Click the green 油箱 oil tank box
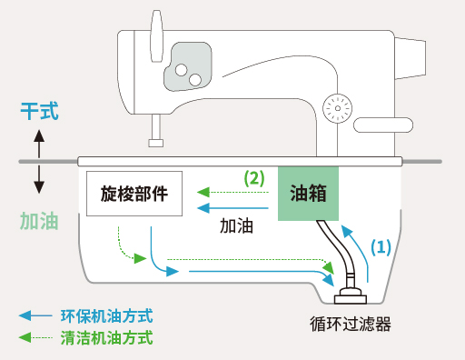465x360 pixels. (x=308, y=194)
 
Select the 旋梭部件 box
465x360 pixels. (x=134, y=194)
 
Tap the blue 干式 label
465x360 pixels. (x=39, y=111)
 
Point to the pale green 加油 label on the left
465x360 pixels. (x=39, y=221)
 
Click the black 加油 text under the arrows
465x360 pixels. (x=236, y=225)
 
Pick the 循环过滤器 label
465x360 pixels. (x=351, y=324)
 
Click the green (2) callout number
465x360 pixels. (x=254, y=178)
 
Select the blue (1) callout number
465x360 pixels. (x=381, y=247)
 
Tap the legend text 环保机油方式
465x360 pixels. (x=107, y=316)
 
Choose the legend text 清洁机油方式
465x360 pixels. (x=107, y=337)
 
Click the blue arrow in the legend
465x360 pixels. (x=35, y=315)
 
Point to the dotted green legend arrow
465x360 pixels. (x=35, y=337)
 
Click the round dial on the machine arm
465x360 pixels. (x=338, y=108)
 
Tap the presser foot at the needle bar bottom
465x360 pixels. (x=156, y=143)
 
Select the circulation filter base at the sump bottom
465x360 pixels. (x=351, y=297)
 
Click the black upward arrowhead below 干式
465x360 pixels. (x=39, y=135)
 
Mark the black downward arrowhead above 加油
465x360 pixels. (x=39, y=187)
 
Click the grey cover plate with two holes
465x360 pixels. (x=188, y=66)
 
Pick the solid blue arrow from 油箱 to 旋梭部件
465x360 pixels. (x=232, y=208)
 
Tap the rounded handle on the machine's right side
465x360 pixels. (x=383, y=125)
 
